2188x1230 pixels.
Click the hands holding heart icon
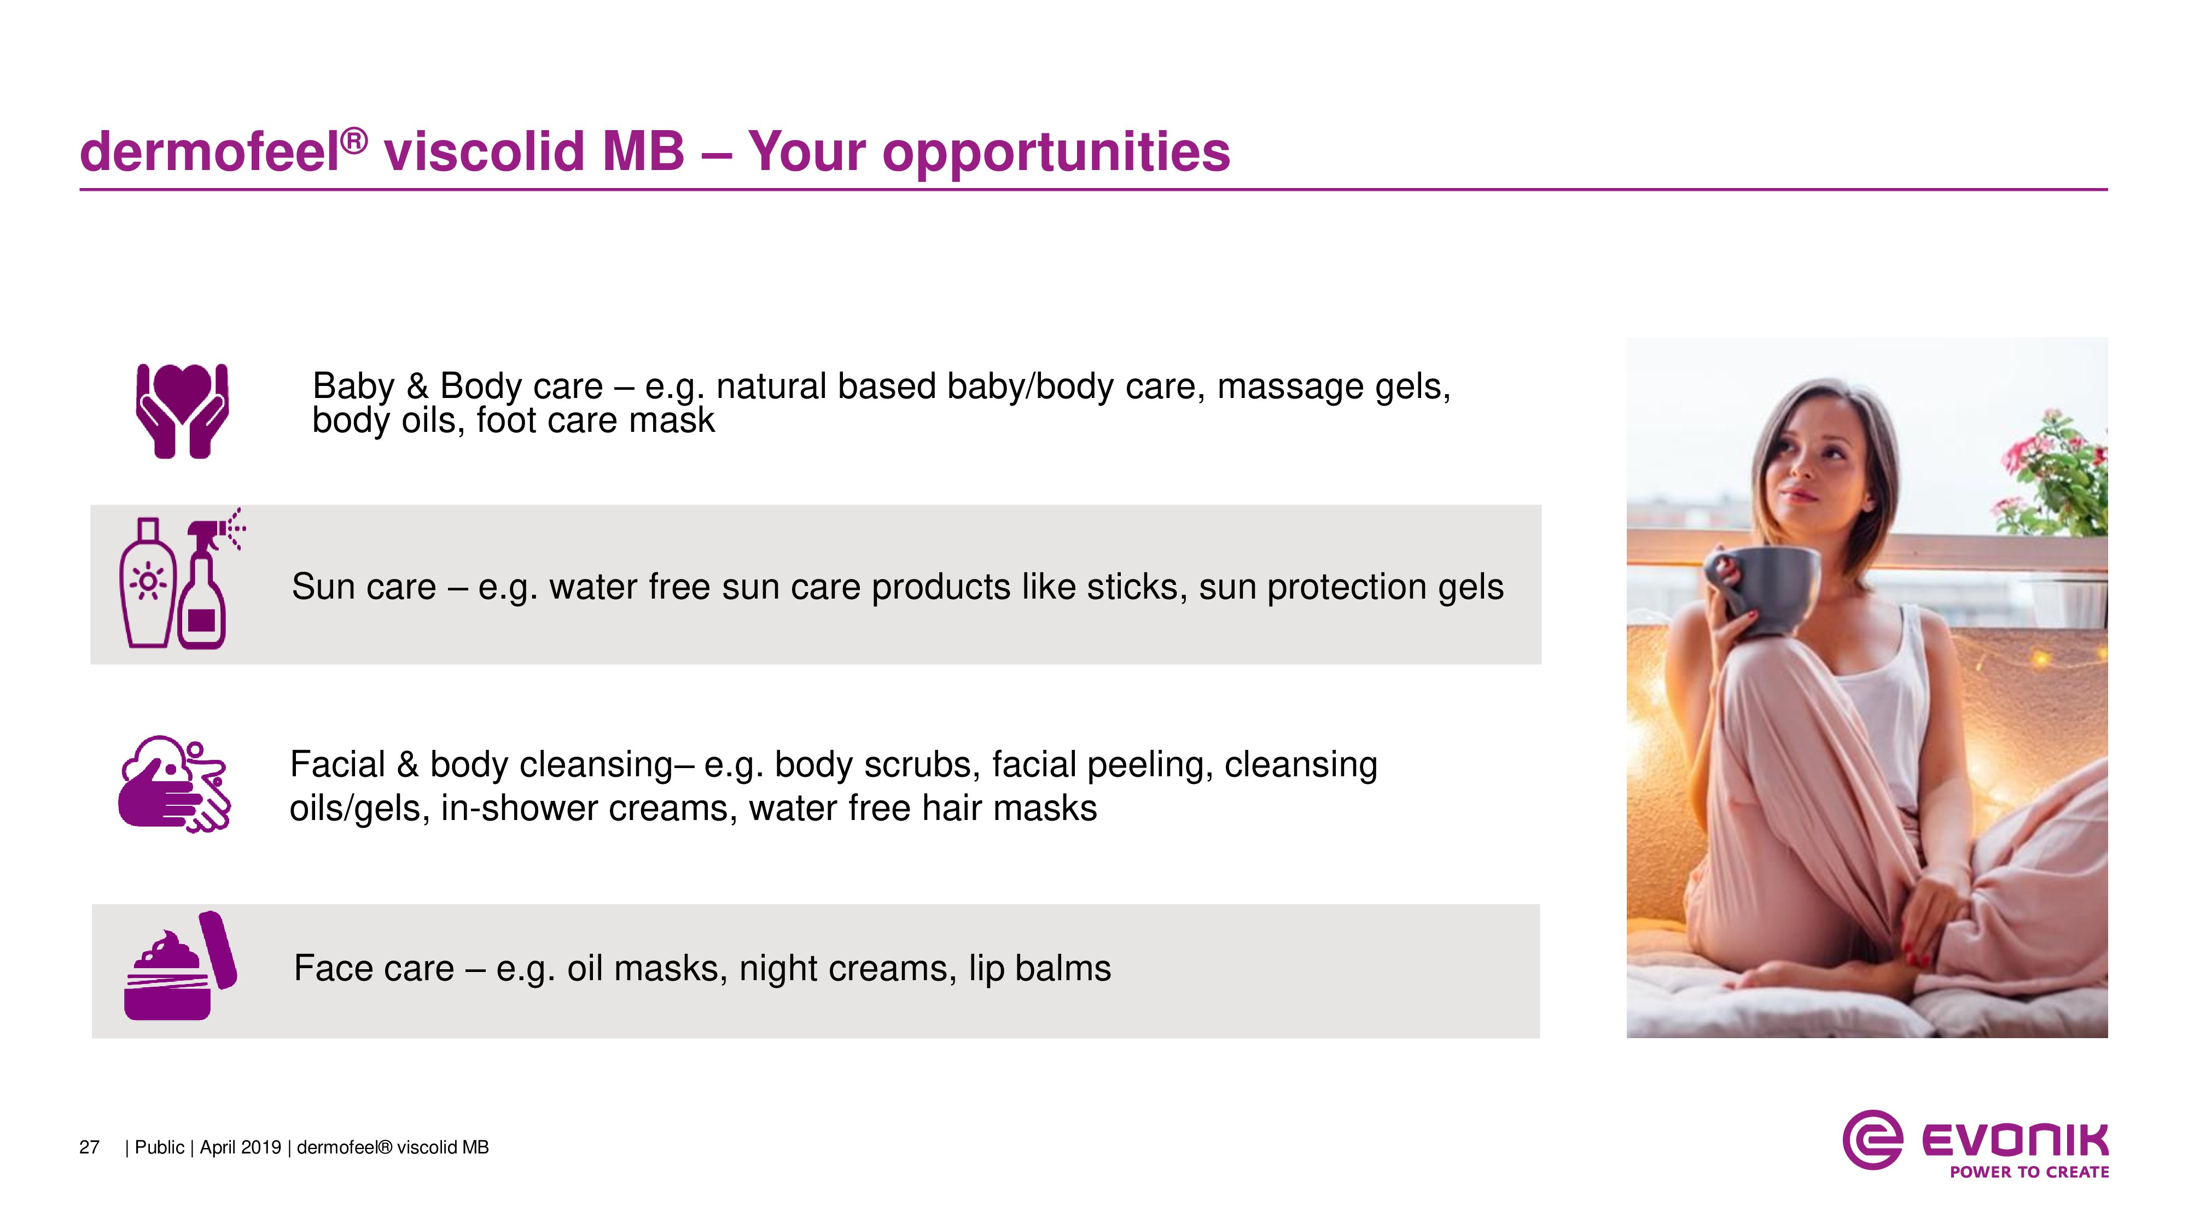[182, 412]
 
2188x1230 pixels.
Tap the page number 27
[89, 1147]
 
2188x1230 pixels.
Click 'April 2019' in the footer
[240, 1147]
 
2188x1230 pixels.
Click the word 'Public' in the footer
[160, 1147]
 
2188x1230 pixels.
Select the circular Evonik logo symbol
[1872, 1140]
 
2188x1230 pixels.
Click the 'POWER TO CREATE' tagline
[2029, 1172]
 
